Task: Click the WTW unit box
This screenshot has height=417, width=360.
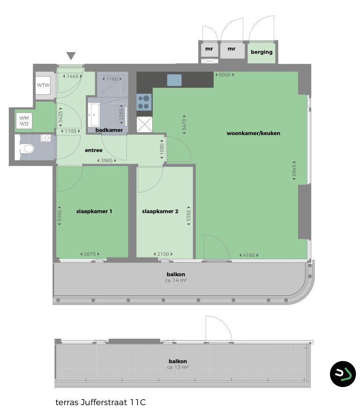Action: (x=44, y=85)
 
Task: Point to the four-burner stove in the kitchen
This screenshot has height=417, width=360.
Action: (x=144, y=101)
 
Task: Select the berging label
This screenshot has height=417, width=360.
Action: (x=262, y=52)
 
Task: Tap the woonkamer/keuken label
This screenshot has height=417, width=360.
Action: (x=253, y=133)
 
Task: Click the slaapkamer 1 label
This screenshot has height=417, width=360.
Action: (x=94, y=212)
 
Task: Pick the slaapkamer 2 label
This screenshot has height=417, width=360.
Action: (x=160, y=212)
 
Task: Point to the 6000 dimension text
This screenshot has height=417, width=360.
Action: (x=225, y=75)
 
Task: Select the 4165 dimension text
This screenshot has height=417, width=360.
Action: (x=248, y=255)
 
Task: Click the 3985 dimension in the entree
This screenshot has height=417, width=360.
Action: (x=106, y=161)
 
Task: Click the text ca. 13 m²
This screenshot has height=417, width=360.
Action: (x=178, y=368)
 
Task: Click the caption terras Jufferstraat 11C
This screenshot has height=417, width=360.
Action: (x=101, y=402)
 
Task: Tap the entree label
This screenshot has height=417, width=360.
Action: (x=93, y=151)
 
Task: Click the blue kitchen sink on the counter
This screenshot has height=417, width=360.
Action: (x=174, y=80)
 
